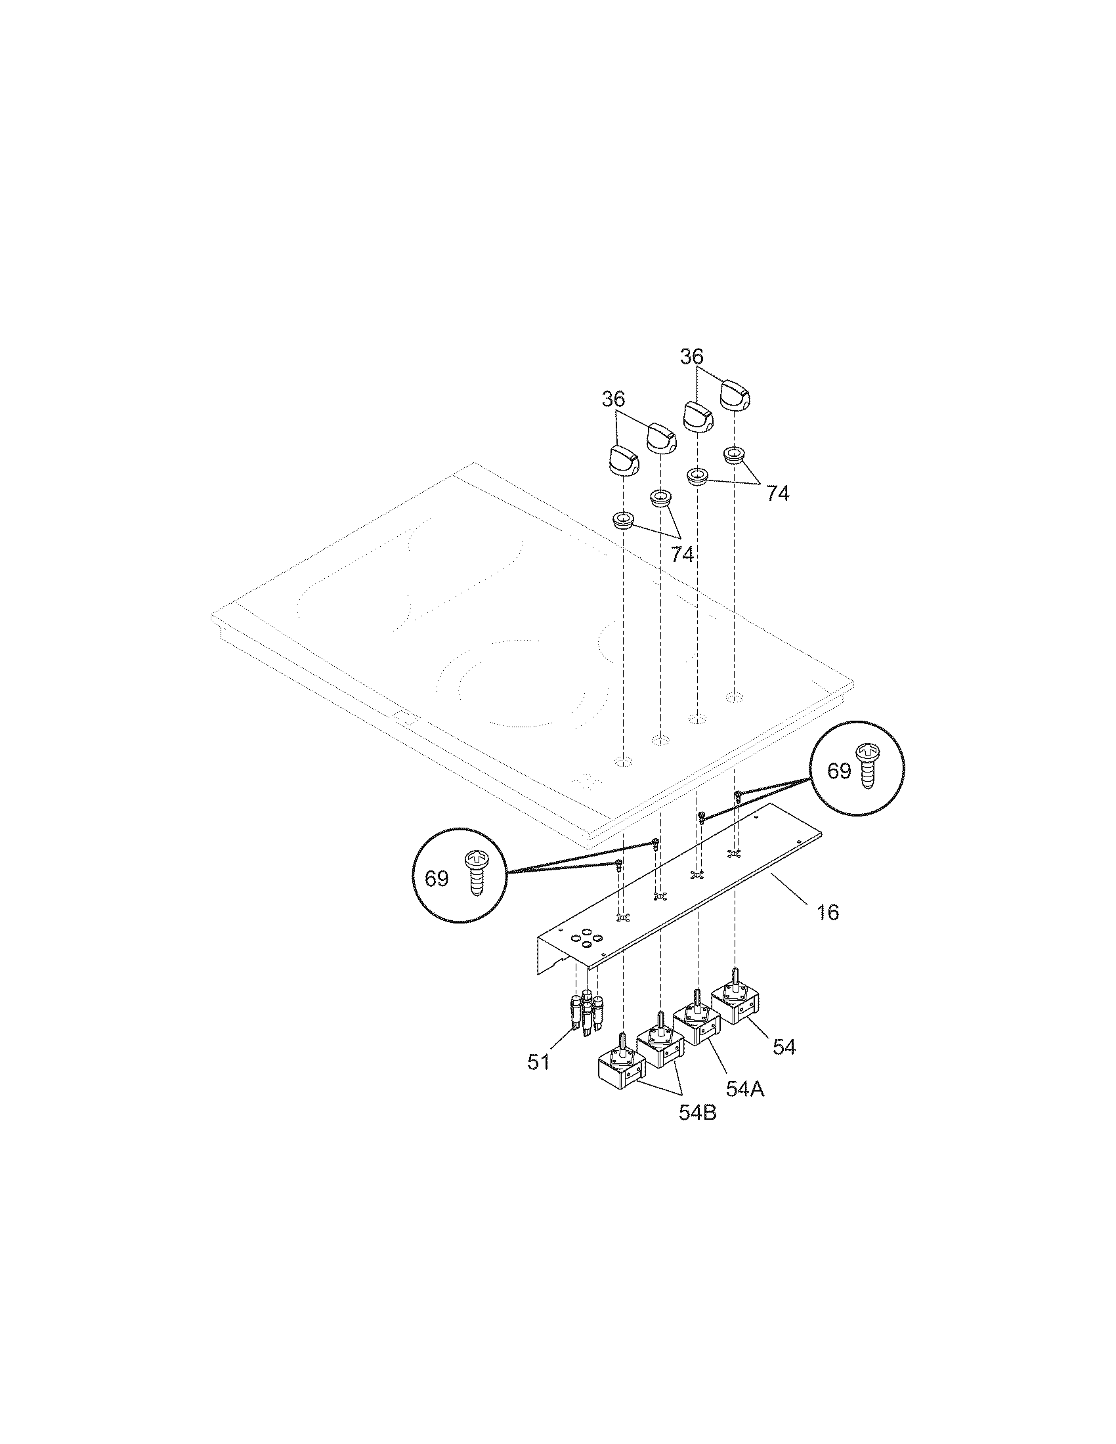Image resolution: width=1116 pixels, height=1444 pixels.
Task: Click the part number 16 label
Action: coord(827,913)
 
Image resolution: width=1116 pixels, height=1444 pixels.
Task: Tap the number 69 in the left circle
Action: coord(437,879)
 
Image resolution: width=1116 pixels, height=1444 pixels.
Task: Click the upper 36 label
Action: coord(691,357)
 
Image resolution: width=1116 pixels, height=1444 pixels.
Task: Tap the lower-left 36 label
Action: coord(614,399)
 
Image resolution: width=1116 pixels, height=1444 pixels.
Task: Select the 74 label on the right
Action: coord(777,493)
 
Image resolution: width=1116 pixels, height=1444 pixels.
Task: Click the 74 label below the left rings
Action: coord(682,555)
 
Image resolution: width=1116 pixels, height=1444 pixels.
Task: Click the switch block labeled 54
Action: coord(735,1019)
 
